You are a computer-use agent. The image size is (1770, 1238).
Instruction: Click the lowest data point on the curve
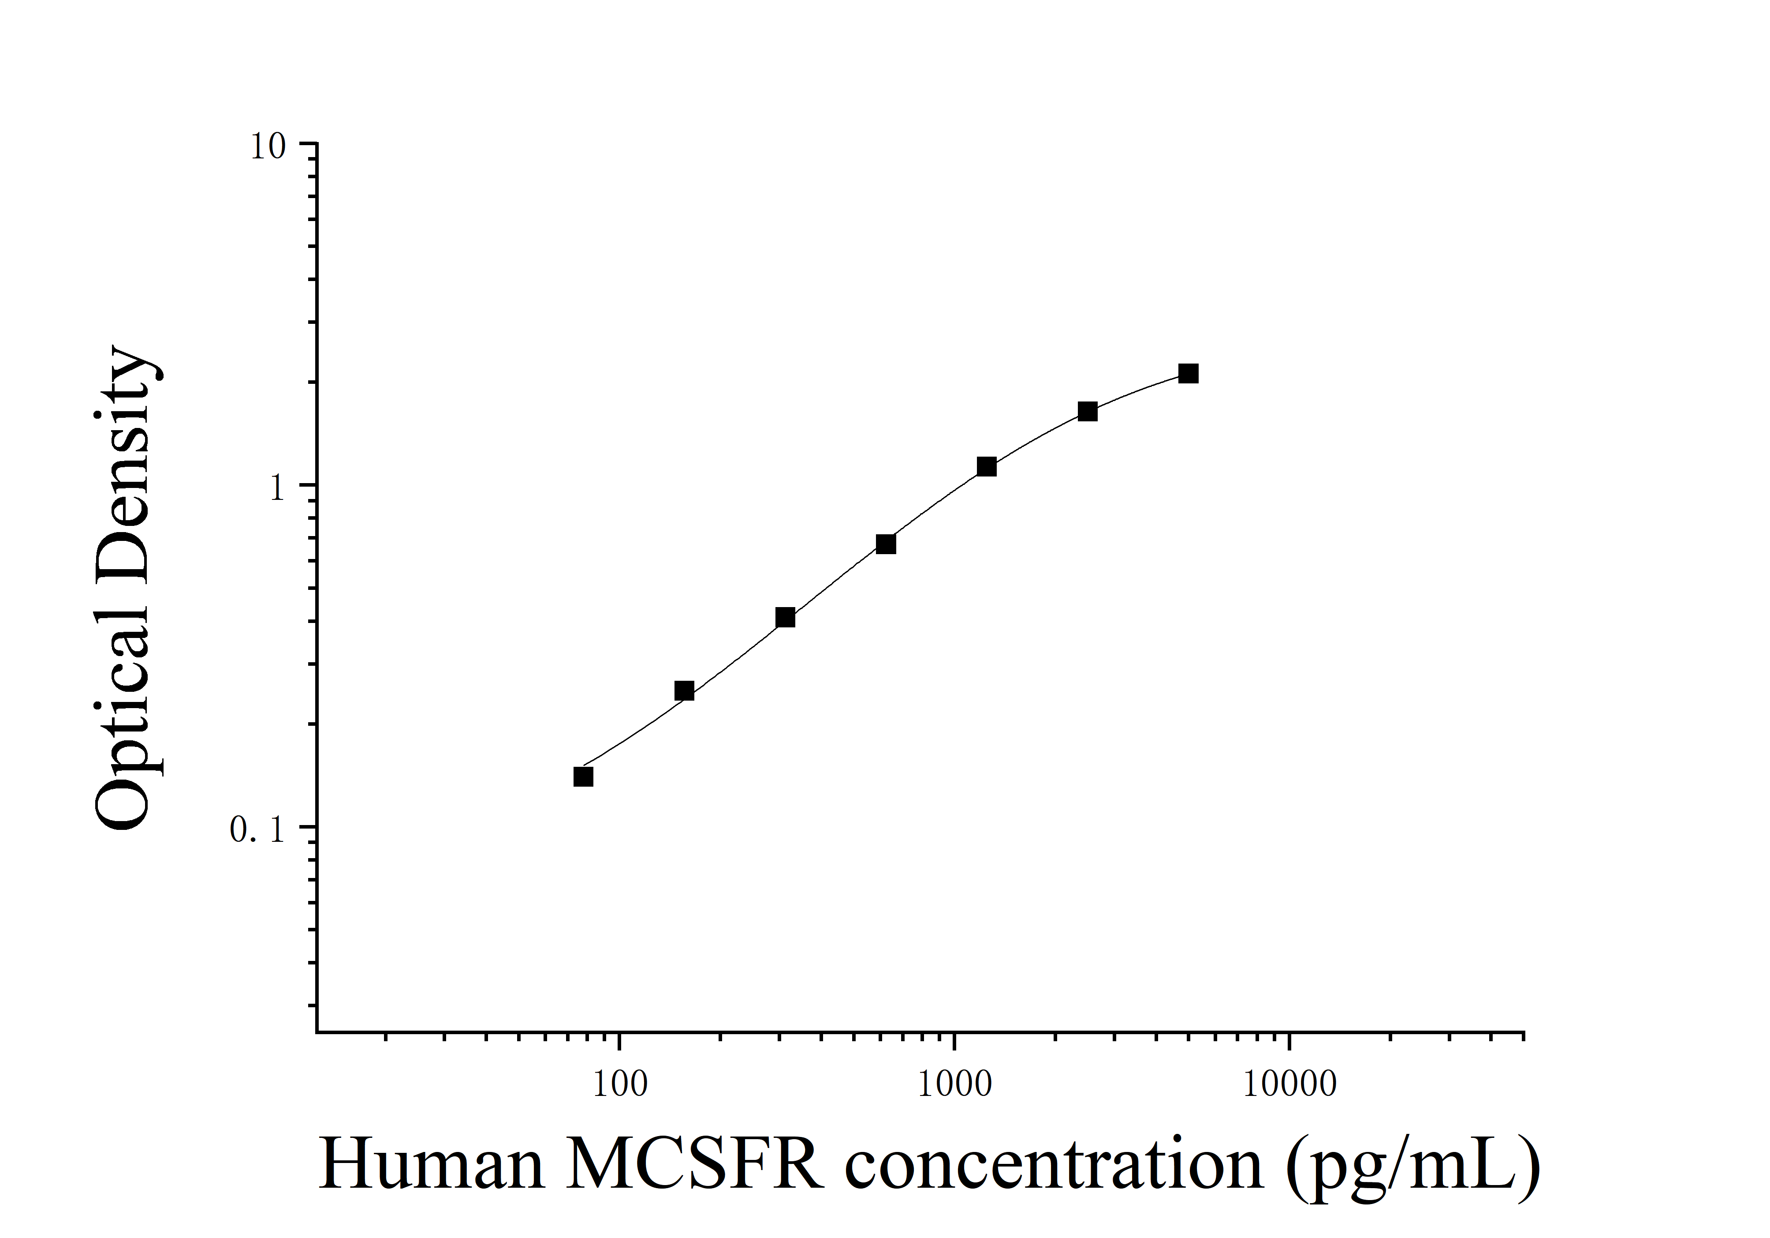click(x=584, y=776)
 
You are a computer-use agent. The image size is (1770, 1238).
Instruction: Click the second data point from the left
click(x=684, y=690)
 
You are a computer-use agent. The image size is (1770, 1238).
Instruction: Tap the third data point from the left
click(x=785, y=617)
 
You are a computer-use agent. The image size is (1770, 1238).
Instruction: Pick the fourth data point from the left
click(x=886, y=544)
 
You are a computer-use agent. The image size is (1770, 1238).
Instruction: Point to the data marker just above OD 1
click(x=987, y=467)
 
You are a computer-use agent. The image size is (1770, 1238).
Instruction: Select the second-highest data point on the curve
click(x=1087, y=411)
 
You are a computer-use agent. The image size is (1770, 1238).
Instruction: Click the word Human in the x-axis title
click(x=432, y=1165)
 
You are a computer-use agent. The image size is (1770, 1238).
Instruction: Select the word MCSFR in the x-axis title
click(x=694, y=1165)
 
